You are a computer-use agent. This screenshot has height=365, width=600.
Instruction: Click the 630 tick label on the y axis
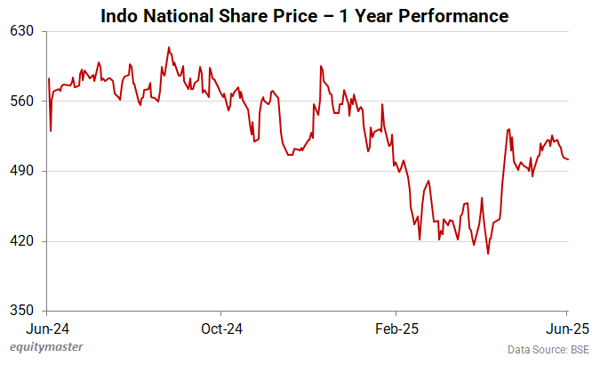[x=21, y=31]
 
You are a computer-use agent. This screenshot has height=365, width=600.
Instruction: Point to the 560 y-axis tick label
[x=21, y=101]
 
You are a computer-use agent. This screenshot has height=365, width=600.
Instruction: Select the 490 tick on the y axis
[x=21, y=171]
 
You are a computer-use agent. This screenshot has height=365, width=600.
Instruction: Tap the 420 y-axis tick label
[x=21, y=241]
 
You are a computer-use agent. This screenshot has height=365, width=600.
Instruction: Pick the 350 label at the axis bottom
[x=21, y=311]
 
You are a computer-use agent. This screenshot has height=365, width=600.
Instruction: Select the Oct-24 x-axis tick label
[x=222, y=328]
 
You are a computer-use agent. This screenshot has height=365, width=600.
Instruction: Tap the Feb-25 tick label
[x=396, y=328]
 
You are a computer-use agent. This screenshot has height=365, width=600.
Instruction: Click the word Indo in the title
[x=118, y=15]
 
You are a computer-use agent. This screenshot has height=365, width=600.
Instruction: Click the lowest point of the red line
[x=488, y=254]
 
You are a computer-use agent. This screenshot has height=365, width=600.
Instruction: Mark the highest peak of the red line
[x=168, y=47]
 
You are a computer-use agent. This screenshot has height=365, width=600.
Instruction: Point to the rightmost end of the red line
[x=569, y=159]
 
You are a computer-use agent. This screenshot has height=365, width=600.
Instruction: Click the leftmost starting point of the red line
[x=48, y=79]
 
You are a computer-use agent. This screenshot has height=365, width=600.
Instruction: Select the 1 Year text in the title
[x=361, y=15]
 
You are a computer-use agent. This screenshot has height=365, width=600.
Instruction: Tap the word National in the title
[x=175, y=15]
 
